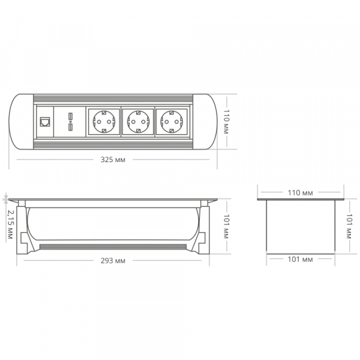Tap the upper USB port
click(70, 116)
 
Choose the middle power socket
click(137, 122)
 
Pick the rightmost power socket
click(172, 122)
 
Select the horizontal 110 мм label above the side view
click(300, 193)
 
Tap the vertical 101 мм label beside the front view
click(227, 227)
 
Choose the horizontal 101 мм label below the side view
click(300, 260)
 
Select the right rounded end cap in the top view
click(205, 122)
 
